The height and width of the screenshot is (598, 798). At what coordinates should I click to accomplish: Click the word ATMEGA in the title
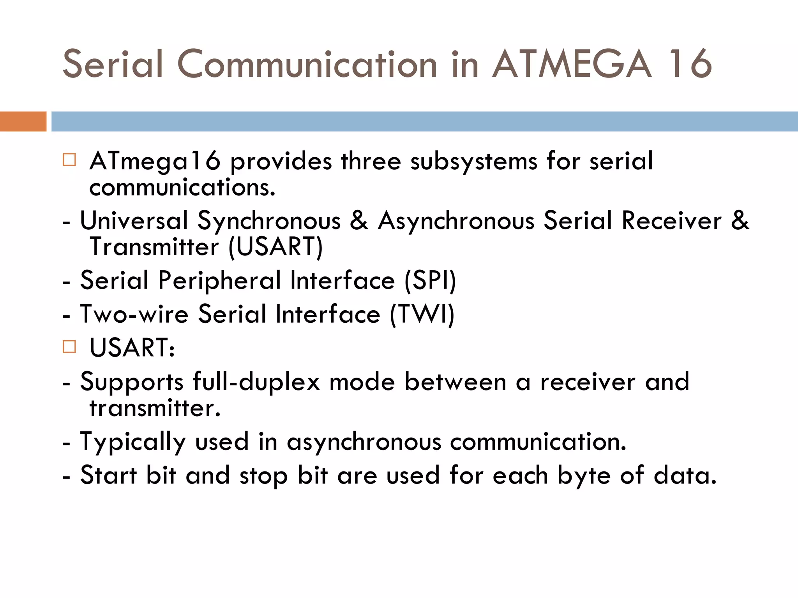tap(572, 64)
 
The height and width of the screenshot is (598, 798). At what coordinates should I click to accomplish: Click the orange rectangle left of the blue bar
tap(23, 121)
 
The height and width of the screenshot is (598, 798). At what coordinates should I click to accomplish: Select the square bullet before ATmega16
tap(69, 160)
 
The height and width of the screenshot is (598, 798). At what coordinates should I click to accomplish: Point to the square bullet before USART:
tap(69, 346)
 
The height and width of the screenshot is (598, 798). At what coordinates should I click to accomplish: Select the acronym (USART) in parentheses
tap(275, 247)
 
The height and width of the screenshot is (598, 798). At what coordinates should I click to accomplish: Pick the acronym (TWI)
tap(422, 314)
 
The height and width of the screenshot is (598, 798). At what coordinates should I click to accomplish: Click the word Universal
tap(134, 221)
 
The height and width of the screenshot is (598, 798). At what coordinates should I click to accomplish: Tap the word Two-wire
tap(134, 314)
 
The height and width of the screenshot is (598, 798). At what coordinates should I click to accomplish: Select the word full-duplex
tap(256, 382)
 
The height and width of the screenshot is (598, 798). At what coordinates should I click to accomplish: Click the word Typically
tap(132, 442)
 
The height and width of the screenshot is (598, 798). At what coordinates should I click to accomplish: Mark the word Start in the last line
tap(108, 475)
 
